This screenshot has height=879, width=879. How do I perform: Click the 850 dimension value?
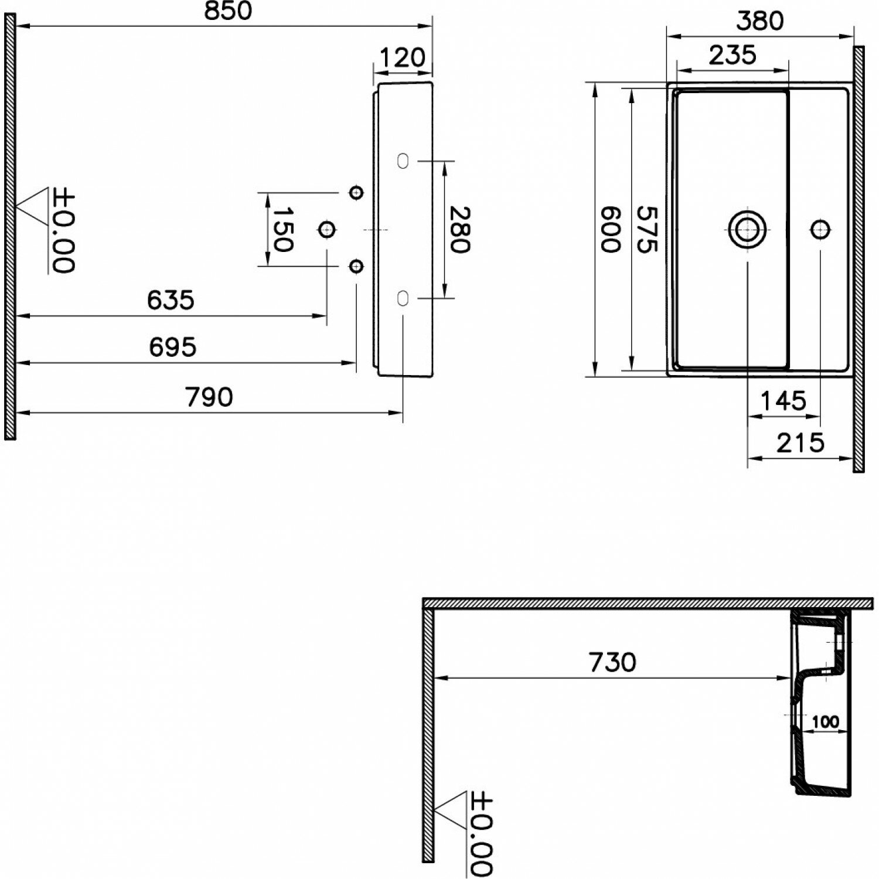pos(228,11)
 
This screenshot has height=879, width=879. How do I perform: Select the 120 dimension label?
pos(402,58)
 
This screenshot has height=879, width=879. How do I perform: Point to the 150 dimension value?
pos(282,229)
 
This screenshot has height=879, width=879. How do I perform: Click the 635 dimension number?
pos(170,300)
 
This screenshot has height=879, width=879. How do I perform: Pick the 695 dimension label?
pos(172,347)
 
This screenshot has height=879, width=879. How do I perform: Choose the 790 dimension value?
pos(209,397)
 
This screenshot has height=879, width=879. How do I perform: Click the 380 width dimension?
pos(759,21)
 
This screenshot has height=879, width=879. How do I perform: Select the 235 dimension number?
pos(732,55)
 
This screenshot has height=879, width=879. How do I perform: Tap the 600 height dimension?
pos(610,229)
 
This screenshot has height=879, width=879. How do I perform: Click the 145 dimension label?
pos(783,401)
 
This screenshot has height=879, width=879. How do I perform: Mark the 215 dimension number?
pos(800,443)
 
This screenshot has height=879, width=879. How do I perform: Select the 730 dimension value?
pos(612,662)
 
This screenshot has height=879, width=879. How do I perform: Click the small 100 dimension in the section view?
pos(825,722)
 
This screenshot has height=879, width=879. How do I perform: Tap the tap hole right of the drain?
pos(820,229)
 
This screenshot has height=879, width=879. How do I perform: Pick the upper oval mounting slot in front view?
pos(403,161)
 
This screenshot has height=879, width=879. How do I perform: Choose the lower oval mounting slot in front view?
pos(403,298)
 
